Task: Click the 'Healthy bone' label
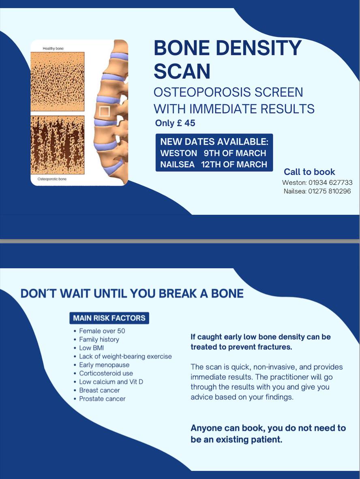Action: (53, 49)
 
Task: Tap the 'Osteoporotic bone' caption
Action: (52, 179)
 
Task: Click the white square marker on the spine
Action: (105, 112)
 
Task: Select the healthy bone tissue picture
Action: (58, 81)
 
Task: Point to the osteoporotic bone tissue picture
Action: (58, 145)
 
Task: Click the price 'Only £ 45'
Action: (175, 123)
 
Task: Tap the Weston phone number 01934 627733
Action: (330, 182)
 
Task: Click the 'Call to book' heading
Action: (309, 172)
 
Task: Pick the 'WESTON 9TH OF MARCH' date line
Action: (213, 153)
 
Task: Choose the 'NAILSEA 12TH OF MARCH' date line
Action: (214, 165)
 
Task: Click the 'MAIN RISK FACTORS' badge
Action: (109, 318)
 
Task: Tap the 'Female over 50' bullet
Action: (102, 331)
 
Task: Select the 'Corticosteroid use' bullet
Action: (106, 373)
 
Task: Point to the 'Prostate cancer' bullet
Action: (103, 399)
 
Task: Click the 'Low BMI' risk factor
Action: (91, 348)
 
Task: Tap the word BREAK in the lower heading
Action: (178, 293)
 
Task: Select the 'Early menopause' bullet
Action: (104, 365)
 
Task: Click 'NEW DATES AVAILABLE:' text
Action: (214, 142)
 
